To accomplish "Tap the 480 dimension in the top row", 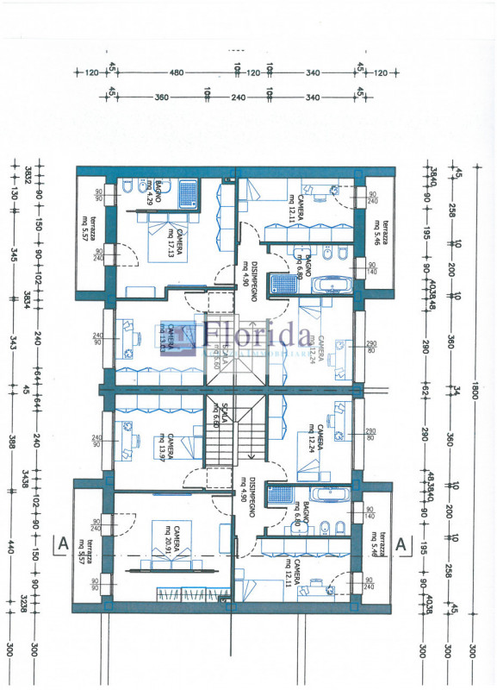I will pyautogui.click(x=177, y=73).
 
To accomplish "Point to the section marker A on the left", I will pyautogui.click(x=62, y=544).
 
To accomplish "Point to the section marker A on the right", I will pyautogui.click(x=400, y=544).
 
